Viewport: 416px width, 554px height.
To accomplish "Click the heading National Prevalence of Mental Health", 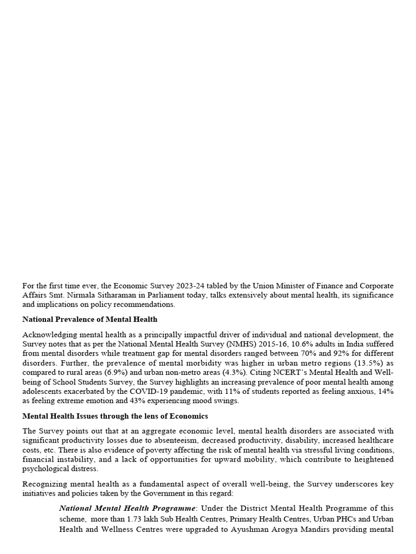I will coord(90,319).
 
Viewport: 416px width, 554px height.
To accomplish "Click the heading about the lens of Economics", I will coord(115,416).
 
